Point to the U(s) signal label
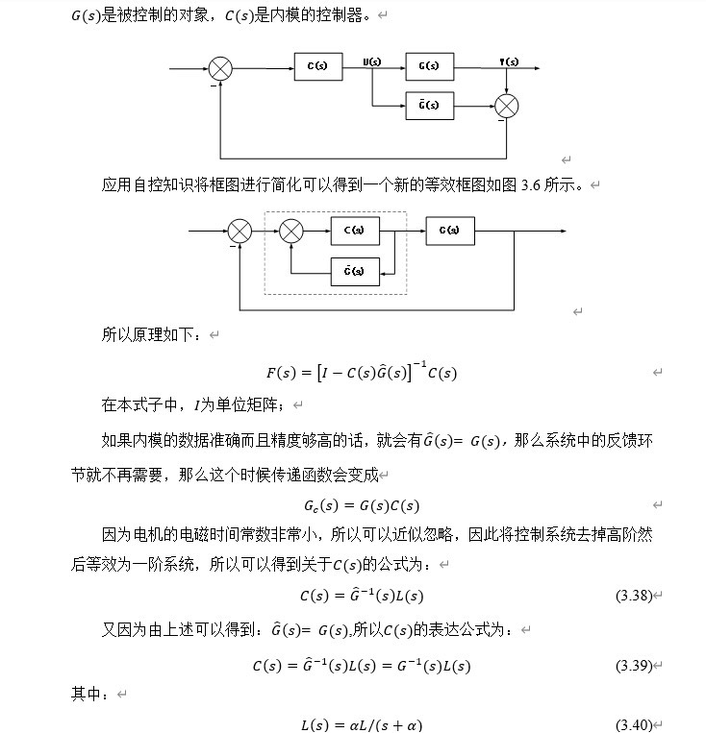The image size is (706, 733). (372, 61)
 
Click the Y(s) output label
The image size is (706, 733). (509, 61)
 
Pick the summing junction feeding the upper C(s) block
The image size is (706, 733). (221, 68)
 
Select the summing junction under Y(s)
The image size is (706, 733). (507, 105)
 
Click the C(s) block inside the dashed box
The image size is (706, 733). (355, 231)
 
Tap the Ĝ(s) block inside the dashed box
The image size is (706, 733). (355, 272)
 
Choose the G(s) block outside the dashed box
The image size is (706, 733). (450, 231)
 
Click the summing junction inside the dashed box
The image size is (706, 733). (291, 232)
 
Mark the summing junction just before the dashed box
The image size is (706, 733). (240, 232)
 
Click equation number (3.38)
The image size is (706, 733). (634, 597)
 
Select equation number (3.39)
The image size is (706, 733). (634, 666)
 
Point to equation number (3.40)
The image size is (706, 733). (634, 725)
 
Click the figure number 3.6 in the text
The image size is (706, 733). (531, 184)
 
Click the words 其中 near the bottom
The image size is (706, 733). (88, 694)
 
